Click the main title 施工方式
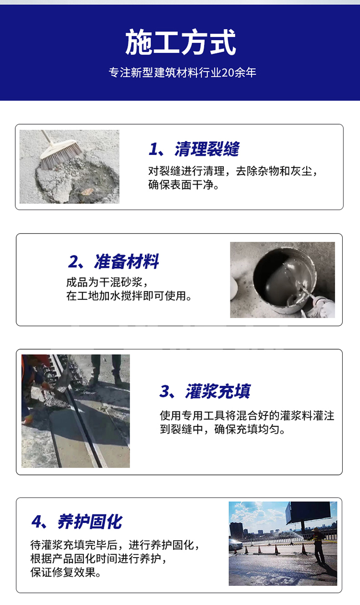click(x=180, y=42)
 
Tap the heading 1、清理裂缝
click(x=194, y=149)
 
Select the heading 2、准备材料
click(x=113, y=262)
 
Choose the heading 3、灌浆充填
click(x=205, y=391)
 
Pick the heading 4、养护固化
click(x=77, y=522)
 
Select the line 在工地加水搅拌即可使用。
click(x=129, y=296)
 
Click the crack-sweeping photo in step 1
click(x=70, y=166)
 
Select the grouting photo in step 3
click(x=75, y=411)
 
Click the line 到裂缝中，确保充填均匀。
click(x=223, y=429)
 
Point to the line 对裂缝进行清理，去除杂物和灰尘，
click(x=233, y=171)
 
